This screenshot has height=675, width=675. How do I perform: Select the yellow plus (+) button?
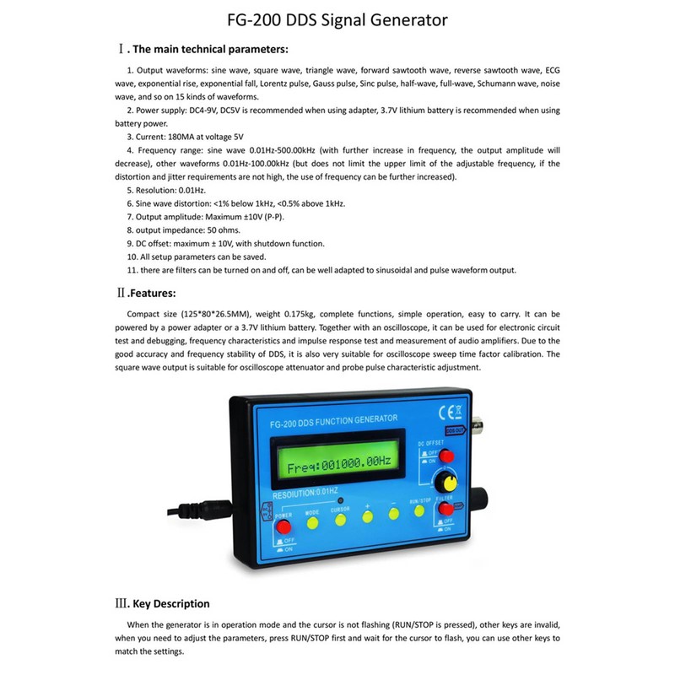click(x=368, y=516)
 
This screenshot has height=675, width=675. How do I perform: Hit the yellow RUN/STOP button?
click(x=419, y=510)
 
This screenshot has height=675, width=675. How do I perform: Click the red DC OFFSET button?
click(x=447, y=456)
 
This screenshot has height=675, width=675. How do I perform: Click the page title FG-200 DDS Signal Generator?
click(x=337, y=19)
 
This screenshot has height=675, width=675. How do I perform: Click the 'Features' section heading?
click(x=152, y=293)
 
